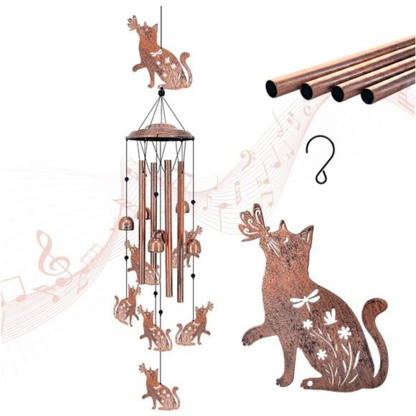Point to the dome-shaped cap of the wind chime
point(161,133)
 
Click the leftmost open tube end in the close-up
point(272,88)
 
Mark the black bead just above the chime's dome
point(161,93)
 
